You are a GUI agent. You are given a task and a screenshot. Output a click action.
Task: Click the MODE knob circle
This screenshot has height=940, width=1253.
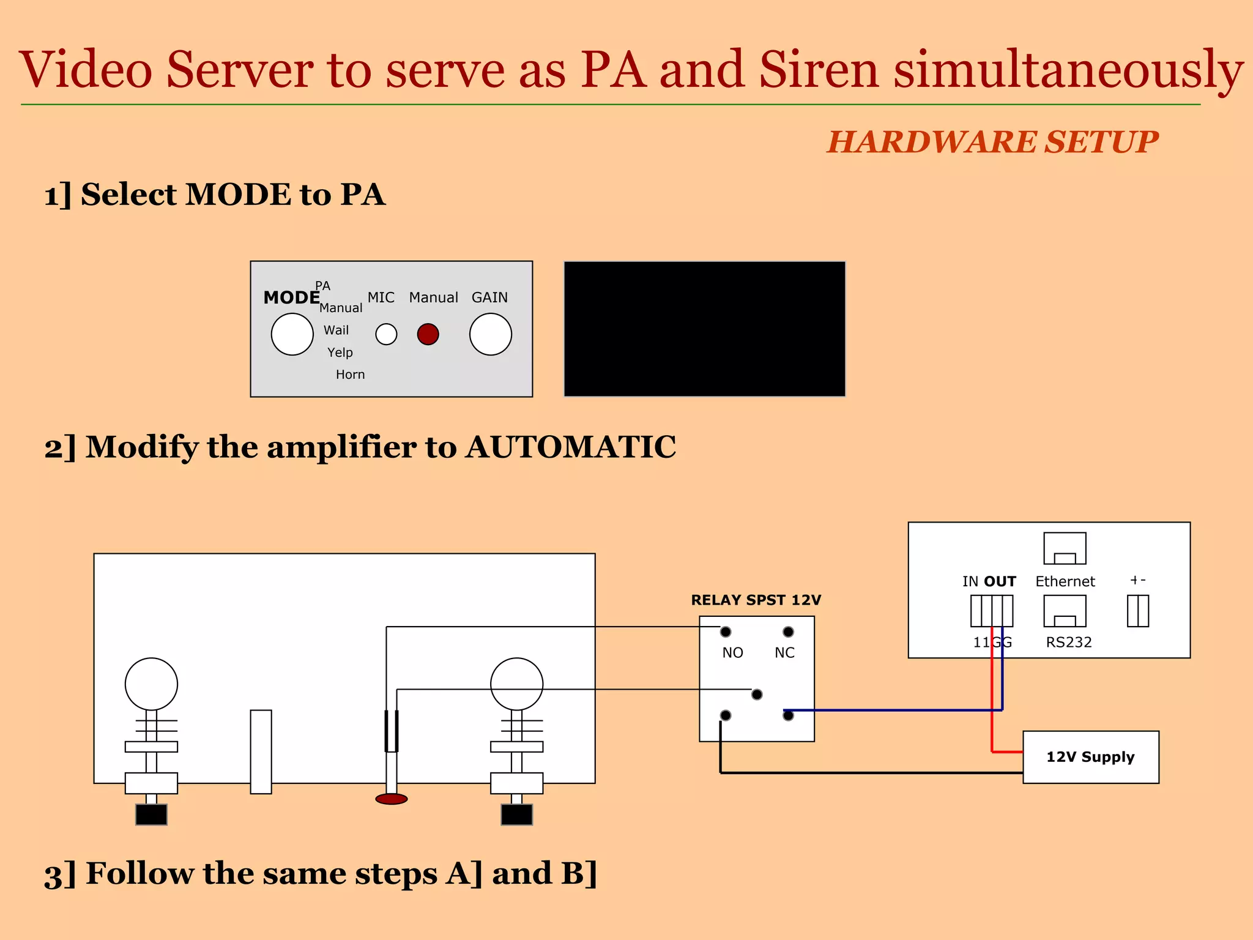click(292, 334)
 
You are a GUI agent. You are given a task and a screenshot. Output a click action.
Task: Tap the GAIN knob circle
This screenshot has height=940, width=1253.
click(490, 334)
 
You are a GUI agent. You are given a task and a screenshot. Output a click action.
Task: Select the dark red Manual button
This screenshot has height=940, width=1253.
click(428, 334)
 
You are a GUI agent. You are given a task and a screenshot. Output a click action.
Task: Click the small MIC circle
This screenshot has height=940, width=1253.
click(386, 334)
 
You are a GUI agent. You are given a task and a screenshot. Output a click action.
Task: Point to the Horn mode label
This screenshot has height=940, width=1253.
click(350, 375)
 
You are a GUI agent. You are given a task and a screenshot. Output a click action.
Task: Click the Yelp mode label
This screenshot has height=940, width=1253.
click(340, 352)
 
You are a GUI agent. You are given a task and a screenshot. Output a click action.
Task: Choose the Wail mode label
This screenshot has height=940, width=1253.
click(336, 330)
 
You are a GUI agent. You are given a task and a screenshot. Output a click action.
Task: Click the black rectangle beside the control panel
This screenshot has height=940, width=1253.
click(704, 329)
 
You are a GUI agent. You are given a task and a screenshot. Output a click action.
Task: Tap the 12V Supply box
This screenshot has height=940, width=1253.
click(1090, 757)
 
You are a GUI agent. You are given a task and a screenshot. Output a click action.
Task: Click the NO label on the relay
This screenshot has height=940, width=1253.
click(732, 653)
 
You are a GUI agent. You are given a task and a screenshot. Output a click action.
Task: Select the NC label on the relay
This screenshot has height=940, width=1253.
click(784, 653)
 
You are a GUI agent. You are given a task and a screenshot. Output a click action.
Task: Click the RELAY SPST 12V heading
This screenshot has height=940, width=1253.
click(756, 600)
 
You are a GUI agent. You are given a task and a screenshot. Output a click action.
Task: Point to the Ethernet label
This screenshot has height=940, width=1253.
click(1065, 581)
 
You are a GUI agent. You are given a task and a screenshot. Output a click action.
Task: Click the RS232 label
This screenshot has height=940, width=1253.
click(1068, 643)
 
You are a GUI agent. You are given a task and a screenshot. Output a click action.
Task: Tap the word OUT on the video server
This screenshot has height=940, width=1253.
click(1000, 581)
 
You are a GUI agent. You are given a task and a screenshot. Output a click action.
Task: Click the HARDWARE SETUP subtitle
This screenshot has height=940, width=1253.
click(992, 142)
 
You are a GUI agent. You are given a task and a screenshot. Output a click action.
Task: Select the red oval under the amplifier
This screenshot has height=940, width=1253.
click(391, 799)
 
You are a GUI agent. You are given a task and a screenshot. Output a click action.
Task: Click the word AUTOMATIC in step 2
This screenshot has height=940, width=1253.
click(571, 447)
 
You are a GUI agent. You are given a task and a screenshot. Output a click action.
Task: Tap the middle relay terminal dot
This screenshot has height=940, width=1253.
click(757, 695)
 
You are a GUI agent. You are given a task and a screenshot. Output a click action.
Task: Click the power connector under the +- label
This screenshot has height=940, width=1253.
click(1137, 611)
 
